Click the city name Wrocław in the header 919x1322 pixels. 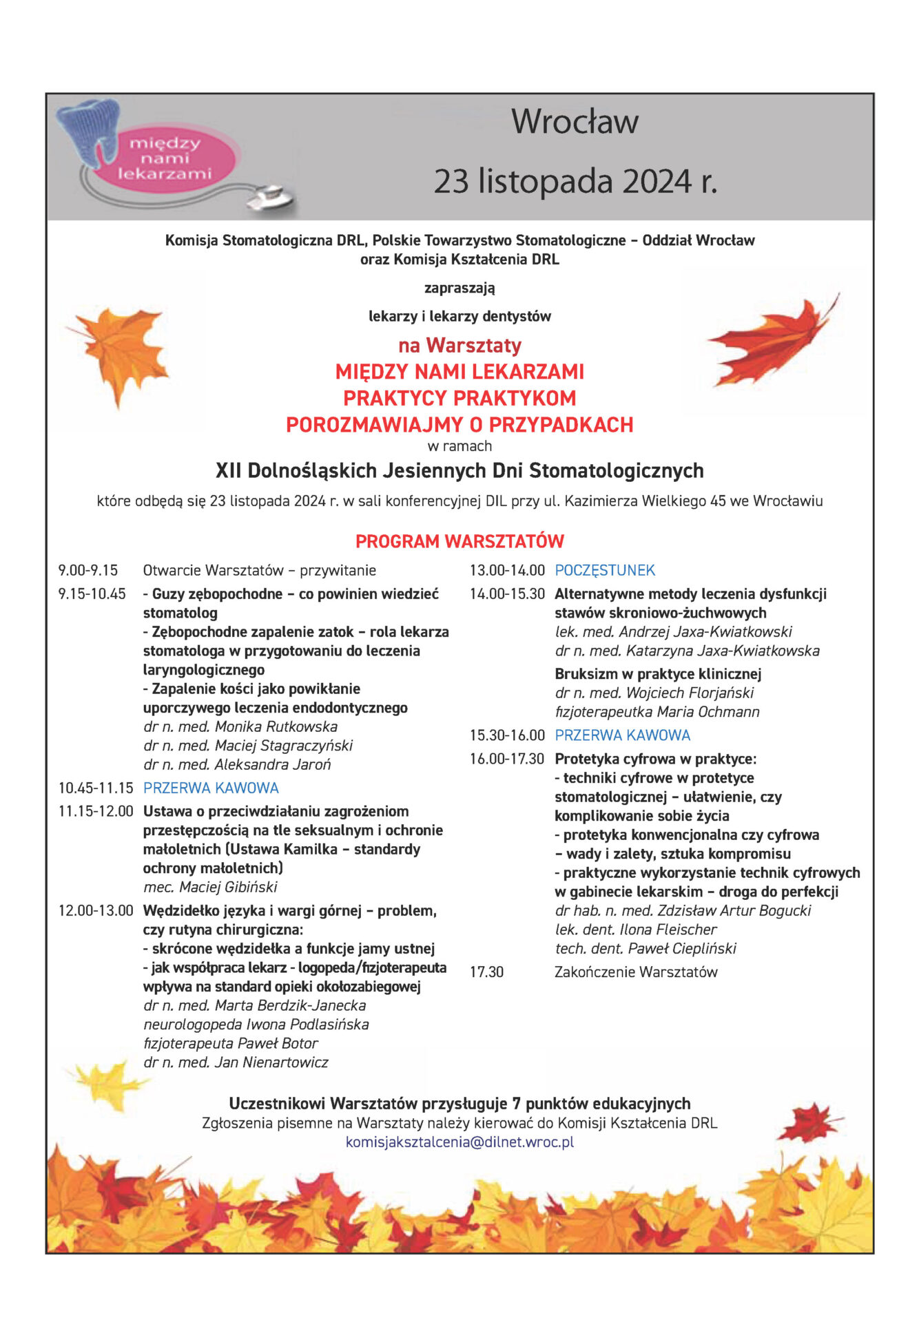coord(575,122)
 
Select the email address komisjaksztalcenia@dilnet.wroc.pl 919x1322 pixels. coord(460,1142)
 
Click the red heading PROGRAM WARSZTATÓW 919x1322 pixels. coord(460,541)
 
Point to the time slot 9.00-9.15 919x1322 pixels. coord(88,570)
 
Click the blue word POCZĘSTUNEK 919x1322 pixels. coord(605,570)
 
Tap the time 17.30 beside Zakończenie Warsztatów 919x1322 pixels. coord(487,972)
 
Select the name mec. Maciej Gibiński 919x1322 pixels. coord(210,887)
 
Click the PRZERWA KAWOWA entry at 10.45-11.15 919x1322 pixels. coord(211,788)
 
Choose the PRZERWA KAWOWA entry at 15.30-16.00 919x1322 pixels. coord(622,735)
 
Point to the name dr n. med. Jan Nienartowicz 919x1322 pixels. coord(236,1062)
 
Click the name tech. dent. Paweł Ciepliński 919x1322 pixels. coord(646,948)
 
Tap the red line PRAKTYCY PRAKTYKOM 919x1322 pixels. coord(460,398)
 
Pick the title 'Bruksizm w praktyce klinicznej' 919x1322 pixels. coord(658,673)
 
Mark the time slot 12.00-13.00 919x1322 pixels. coord(96,910)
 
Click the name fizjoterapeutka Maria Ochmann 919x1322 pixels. coord(657,711)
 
